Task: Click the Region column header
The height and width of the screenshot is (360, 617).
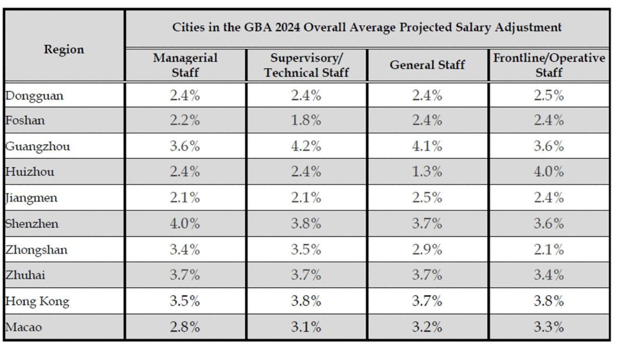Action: [64, 49]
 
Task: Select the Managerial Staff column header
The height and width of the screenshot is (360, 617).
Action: [185, 65]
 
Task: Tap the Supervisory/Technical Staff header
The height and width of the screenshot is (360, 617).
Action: [306, 65]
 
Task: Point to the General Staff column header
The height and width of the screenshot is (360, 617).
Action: [427, 65]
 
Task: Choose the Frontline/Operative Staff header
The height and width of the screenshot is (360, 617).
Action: [549, 65]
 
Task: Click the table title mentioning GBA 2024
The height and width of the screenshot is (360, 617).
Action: [367, 27]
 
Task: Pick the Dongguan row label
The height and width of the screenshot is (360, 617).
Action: [34, 96]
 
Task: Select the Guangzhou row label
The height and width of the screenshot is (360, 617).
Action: [38, 147]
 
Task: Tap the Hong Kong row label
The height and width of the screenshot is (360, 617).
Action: [37, 301]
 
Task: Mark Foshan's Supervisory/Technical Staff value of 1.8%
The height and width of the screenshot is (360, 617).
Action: [306, 120]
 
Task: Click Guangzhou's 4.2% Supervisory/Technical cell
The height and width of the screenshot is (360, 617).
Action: [306, 147]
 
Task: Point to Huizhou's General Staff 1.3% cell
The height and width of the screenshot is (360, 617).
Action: [427, 172]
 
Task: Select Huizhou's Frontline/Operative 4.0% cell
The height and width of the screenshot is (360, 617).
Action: [549, 172]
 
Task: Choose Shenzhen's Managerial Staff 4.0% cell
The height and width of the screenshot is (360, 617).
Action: [185, 224]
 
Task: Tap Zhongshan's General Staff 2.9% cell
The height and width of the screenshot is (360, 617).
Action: [427, 250]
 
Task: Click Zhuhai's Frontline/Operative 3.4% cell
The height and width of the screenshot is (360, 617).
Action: [549, 275]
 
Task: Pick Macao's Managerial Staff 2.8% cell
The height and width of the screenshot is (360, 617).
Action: [185, 327]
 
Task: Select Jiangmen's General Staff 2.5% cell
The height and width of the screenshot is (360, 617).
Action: [427, 197]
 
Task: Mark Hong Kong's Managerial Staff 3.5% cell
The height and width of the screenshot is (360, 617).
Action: [185, 301]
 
